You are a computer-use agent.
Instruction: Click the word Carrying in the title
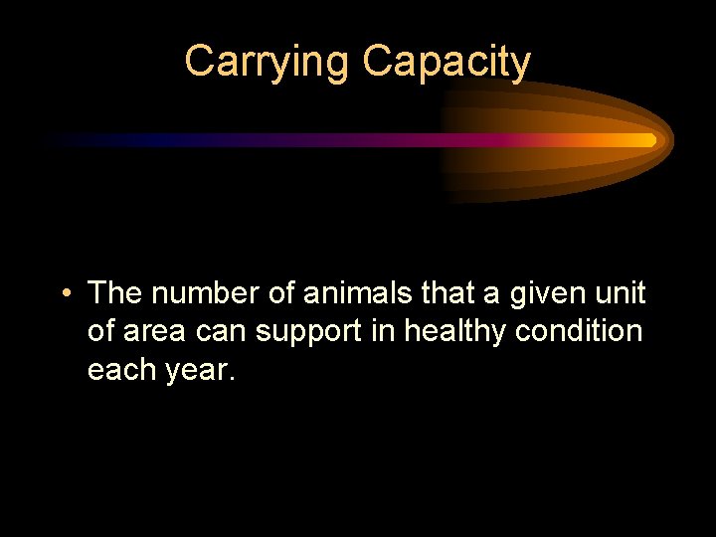[x=268, y=62]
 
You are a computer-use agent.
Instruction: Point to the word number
[x=210, y=293]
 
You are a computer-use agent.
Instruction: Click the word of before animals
[x=283, y=293]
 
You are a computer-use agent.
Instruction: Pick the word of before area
[x=100, y=331]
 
